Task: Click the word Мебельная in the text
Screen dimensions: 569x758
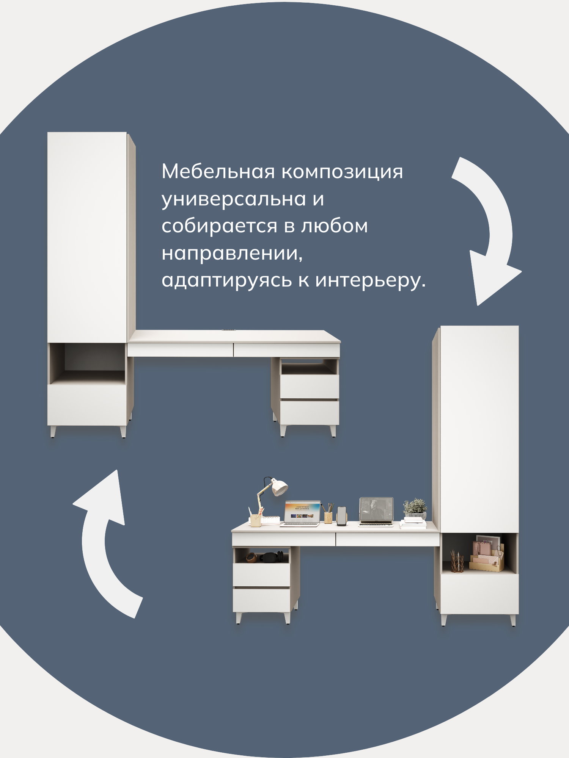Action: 218,172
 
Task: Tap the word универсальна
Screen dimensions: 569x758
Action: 234,199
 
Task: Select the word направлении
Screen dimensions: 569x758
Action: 231,253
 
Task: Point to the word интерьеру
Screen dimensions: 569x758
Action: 370,280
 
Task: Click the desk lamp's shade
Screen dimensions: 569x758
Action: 280,487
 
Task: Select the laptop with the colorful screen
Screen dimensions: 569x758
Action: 301,514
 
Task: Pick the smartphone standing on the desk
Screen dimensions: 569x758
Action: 342,516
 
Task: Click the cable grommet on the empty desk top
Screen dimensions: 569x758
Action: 228,330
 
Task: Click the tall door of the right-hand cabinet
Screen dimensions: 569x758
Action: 479,428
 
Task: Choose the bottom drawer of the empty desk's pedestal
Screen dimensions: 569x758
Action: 309,412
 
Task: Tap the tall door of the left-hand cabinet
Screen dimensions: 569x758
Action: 87,237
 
